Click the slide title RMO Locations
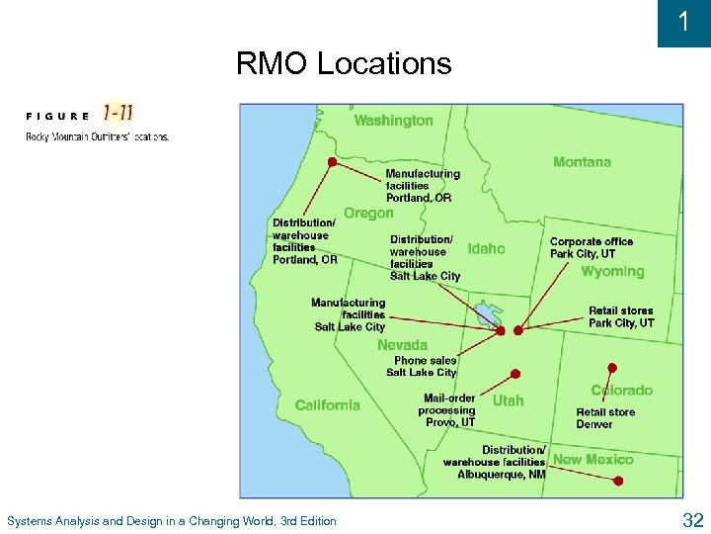pos(343,64)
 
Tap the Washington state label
pos(393,121)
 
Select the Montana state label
pos(582,162)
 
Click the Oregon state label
pos(368,213)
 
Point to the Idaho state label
pos(486,249)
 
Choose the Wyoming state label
pos(612,272)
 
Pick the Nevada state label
pos(402,345)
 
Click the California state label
pos(327,405)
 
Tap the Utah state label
pos(508,400)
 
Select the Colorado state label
pos(622,391)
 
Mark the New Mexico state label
pos(593,460)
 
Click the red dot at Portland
pos(333,161)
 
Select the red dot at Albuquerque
pos(618,482)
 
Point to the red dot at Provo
pos(514,374)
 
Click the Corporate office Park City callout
pos(591,247)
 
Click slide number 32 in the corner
pos(692,520)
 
